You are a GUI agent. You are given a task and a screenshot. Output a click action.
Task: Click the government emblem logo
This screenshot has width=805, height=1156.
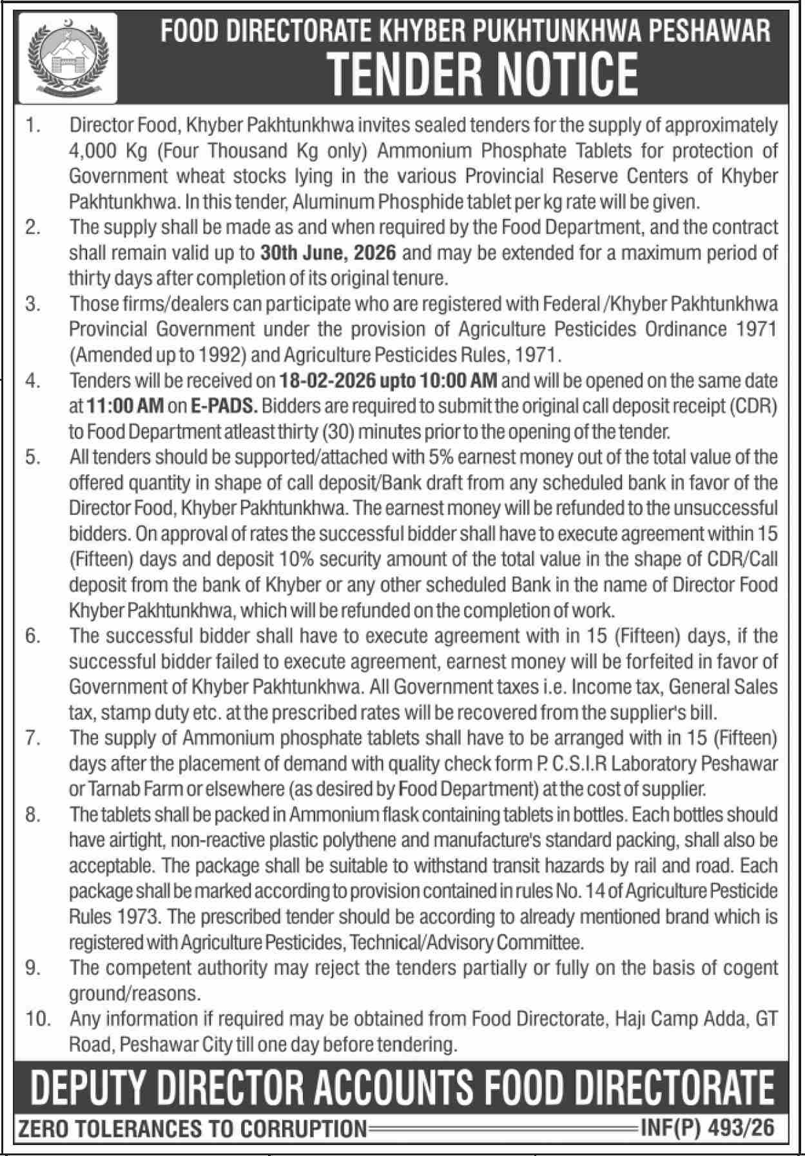pos(67,59)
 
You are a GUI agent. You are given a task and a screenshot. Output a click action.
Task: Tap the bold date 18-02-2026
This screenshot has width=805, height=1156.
pos(327,381)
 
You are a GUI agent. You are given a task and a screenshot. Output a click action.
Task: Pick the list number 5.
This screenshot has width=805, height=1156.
pos(33,458)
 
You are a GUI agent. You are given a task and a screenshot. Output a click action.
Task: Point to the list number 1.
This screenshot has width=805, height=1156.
pos(33,125)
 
